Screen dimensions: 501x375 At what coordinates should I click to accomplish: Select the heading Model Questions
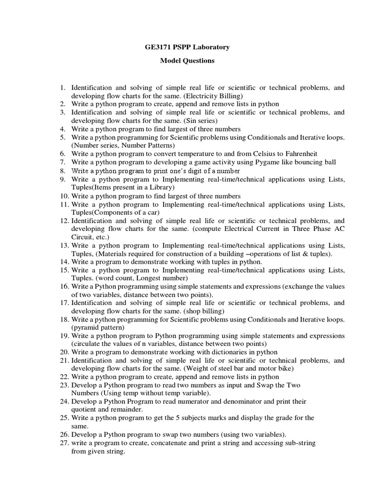[187, 61]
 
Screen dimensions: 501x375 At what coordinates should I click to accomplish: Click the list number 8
[62, 171]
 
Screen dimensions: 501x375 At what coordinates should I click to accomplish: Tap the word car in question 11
[152, 212]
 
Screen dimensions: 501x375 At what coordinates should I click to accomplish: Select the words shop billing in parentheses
[203, 311]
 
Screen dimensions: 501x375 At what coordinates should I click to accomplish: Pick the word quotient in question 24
[83, 409]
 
